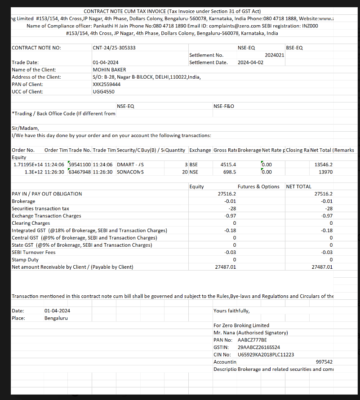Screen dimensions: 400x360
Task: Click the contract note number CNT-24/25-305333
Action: [x=114, y=48]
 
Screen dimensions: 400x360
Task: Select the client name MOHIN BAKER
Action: [x=109, y=70]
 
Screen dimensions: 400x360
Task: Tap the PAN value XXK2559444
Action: [x=107, y=84]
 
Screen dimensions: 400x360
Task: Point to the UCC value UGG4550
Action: [x=103, y=92]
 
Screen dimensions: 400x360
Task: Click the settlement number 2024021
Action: [x=274, y=55]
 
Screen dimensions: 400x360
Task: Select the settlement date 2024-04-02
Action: [x=250, y=62]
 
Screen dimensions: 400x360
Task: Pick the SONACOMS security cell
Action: [x=130, y=172]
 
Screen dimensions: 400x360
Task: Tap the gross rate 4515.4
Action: [x=228, y=164]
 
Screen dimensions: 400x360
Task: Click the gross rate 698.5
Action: [x=230, y=172]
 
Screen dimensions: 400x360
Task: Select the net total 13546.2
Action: [x=324, y=164]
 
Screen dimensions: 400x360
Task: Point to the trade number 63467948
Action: [x=79, y=172]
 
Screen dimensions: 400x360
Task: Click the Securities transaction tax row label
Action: [x=40, y=209]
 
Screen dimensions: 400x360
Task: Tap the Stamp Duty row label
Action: [x=25, y=259]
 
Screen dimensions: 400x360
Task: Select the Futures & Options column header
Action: [x=258, y=187]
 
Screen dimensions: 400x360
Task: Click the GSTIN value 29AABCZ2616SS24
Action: [x=259, y=347]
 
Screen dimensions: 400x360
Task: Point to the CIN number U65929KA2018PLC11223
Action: [x=266, y=355]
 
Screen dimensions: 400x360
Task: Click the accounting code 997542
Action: [x=324, y=362]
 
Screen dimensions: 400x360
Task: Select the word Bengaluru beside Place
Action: [x=57, y=318]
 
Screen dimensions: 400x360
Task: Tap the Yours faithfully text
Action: [x=231, y=311]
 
